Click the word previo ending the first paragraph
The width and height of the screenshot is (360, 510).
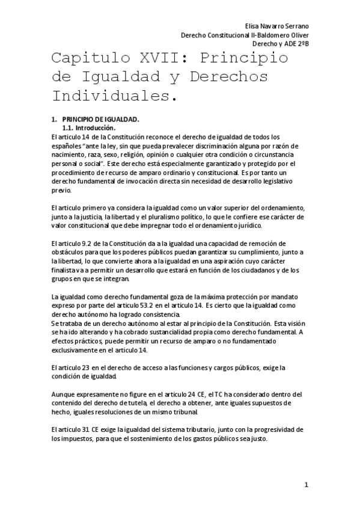(x=61, y=190)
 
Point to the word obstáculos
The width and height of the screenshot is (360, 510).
(x=70, y=252)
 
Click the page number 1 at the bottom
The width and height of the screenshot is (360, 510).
(x=306, y=484)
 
